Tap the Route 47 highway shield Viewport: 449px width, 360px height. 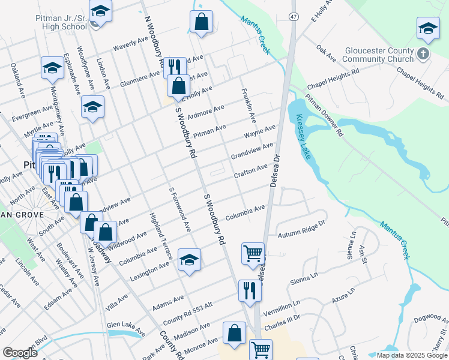click(x=293, y=16)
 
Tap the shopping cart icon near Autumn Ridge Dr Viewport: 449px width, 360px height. click(x=253, y=253)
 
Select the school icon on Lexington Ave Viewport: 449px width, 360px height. click(x=189, y=259)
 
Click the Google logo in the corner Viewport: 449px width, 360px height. click(x=20, y=353)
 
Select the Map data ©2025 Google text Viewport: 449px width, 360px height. click(x=412, y=355)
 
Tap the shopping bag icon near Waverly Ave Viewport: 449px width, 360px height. click(x=202, y=21)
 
